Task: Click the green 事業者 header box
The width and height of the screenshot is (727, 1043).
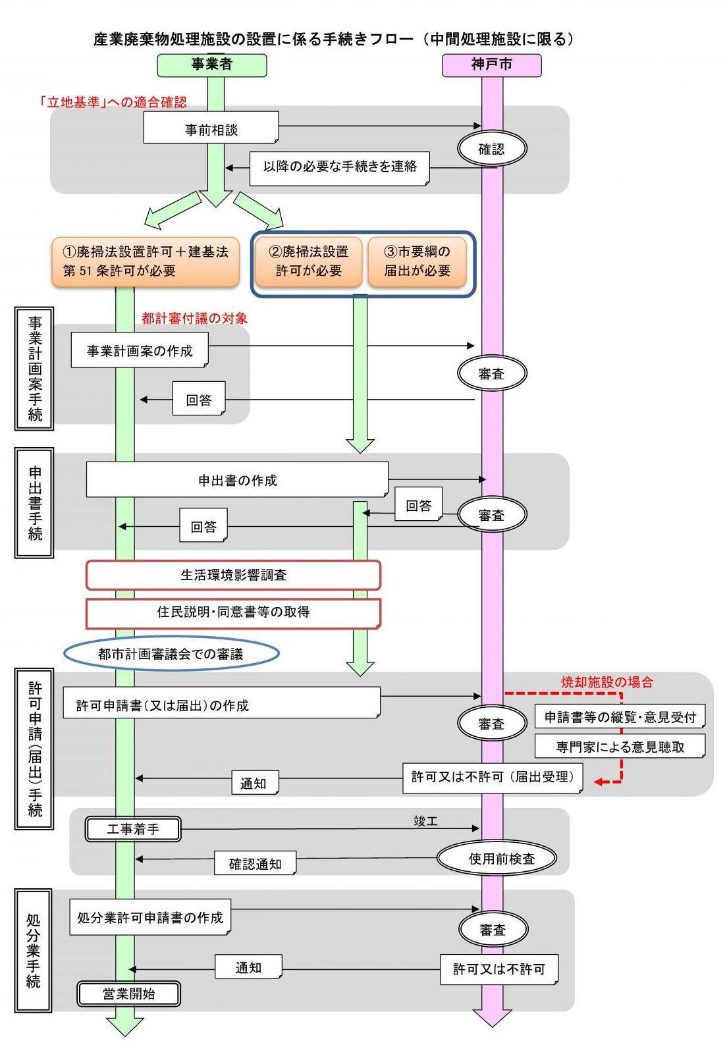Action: pyautogui.click(x=211, y=65)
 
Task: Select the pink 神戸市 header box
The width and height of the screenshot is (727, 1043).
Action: pyautogui.click(x=491, y=65)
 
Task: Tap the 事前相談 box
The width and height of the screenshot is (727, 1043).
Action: pyautogui.click(x=211, y=128)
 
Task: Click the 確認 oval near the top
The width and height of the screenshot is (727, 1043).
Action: pyautogui.click(x=491, y=149)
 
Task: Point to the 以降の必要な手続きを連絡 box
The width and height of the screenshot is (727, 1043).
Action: pyautogui.click(x=340, y=168)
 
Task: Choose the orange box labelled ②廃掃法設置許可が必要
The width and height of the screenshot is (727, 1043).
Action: pyautogui.click(x=308, y=261)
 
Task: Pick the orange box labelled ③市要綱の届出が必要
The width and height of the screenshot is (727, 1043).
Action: pyautogui.click(x=417, y=261)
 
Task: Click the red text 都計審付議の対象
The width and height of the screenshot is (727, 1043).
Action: pyautogui.click(x=194, y=319)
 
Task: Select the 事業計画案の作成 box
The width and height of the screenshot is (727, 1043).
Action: pyautogui.click(x=140, y=350)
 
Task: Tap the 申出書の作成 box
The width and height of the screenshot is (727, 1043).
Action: pyautogui.click(x=237, y=479)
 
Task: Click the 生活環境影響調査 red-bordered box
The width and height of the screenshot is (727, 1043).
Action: pyautogui.click(x=233, y=575)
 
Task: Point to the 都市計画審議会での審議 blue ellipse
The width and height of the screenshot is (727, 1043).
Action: pyautogui.click(x=171, y=653)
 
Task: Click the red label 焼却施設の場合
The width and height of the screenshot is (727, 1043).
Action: pyautogui.click(x=606, y=682)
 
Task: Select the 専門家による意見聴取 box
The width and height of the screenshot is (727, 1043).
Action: pyautogui.click(x=620, y=746)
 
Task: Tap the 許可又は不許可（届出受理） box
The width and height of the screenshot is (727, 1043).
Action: pyautogui.click(x=493, y=778)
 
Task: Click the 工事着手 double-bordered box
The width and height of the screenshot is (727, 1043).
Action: pyautogui.click(x=133, y=829)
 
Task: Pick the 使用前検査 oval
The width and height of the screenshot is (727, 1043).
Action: pyautogui.click(x=497, y=858)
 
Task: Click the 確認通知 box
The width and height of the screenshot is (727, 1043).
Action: pyautogui.click(x=255, y=863)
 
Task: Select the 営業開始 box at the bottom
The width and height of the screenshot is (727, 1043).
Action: pyautogui.click(x=129, y=994)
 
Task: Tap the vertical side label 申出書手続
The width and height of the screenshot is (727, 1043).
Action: pyautogui.click(x=34, y=503)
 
